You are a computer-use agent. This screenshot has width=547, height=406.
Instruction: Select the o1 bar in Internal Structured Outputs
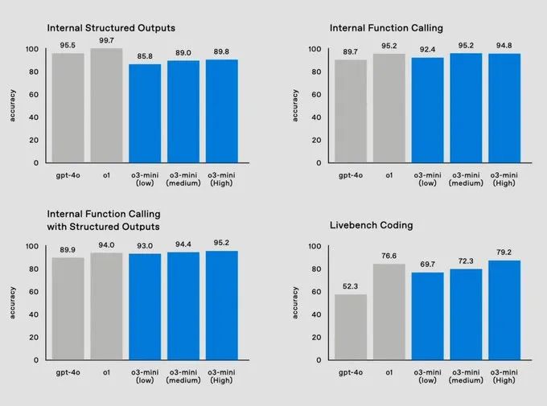[106, 105]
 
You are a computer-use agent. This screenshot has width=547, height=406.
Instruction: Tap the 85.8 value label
[145, 57]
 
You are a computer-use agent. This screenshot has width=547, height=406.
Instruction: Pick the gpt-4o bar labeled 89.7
[351, 111]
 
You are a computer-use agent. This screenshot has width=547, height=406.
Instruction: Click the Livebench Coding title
[372, 225]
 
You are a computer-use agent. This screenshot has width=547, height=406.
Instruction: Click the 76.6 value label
[389, 256]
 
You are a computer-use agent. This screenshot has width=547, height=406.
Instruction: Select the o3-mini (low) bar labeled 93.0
[145, 306]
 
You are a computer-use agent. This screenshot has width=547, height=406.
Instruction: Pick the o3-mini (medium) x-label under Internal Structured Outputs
[183, 178]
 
